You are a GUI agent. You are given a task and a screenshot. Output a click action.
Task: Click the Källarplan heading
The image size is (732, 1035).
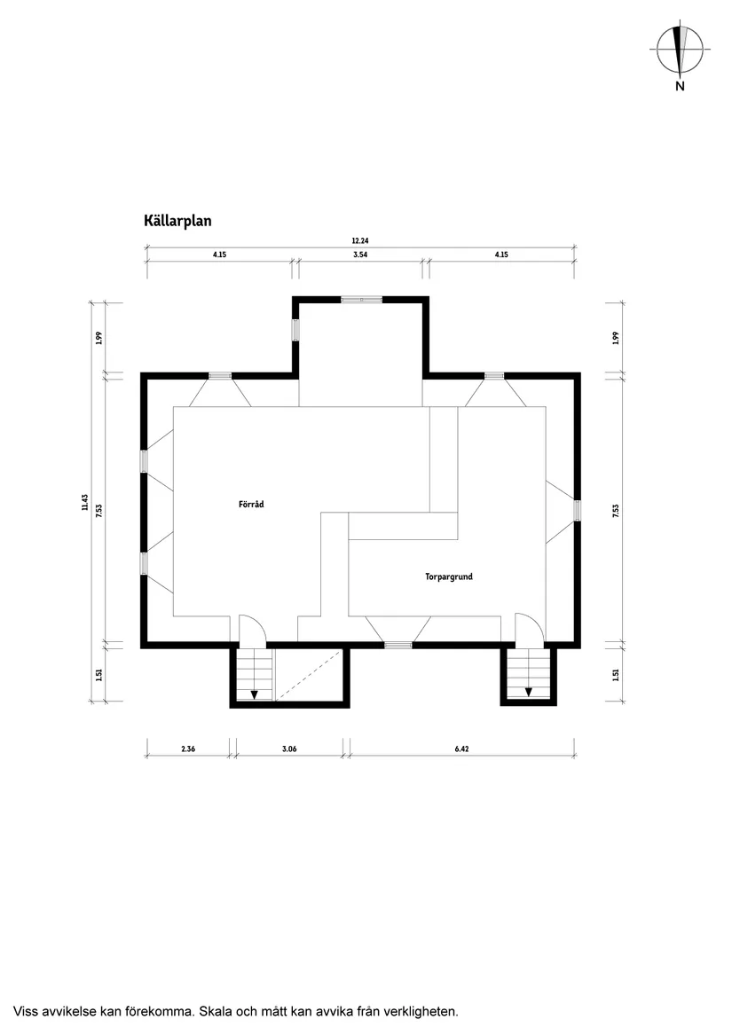coord(177,221)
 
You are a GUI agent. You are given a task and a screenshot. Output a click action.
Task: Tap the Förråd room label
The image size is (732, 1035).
coord(251,505)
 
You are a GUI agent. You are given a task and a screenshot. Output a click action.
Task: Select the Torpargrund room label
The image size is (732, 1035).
coord(449,576)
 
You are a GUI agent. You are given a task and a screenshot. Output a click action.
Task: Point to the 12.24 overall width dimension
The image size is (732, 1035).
coord(360,241)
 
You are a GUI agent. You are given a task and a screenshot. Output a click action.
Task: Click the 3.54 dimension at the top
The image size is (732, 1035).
coord(360,255)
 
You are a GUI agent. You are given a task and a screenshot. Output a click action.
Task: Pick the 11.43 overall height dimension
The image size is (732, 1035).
coord(84,502)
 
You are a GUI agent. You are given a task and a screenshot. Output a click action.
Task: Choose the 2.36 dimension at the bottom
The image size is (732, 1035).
coord(187,749)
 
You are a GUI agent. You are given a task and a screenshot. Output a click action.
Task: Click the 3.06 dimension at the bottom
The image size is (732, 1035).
coord(289,749)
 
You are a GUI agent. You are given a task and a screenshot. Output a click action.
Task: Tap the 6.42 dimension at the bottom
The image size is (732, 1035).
coord(461,749)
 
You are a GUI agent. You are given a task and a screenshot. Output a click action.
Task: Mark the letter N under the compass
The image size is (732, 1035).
coord(680,86)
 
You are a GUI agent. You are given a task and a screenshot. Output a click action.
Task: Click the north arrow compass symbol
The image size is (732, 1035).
coord(680,50)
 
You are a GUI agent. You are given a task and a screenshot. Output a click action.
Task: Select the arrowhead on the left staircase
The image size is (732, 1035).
coord(255,694)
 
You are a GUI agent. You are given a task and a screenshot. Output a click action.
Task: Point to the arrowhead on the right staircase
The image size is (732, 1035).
coord(529,693)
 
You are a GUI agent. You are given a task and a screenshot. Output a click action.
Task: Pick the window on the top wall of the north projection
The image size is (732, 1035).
coord(361,300)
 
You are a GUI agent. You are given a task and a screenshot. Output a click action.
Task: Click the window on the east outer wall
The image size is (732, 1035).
coord(577,510)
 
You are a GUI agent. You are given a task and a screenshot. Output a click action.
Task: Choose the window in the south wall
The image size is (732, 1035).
coord(397,645)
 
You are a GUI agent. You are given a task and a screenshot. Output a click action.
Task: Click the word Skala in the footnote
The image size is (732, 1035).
coord(216,1011)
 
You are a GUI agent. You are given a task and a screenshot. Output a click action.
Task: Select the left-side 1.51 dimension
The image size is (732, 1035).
coord(99,675)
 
